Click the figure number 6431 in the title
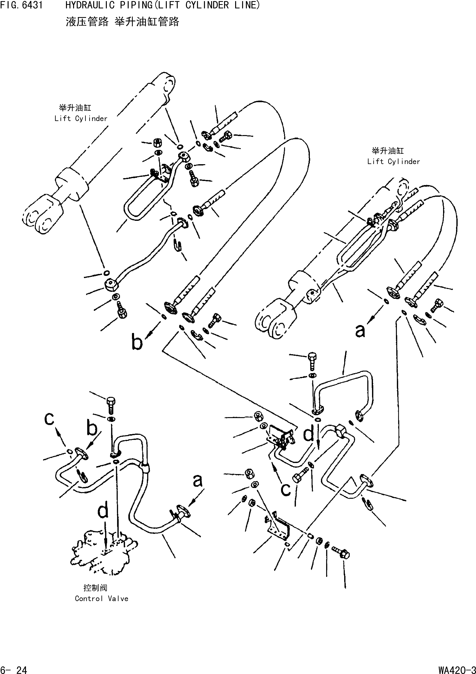[32, 5]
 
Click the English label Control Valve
[102, 599]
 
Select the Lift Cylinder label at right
[394, 162]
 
